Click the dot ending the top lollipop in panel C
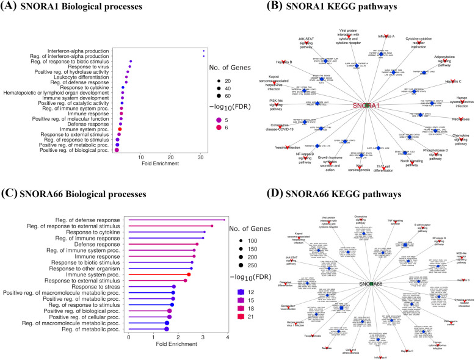click(x=225, y=220)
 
